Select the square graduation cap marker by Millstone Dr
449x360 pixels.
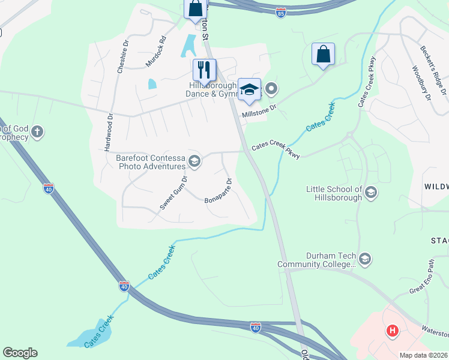click(250, 90)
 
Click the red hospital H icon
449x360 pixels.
click(393, 331)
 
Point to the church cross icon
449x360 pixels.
click(37, 131)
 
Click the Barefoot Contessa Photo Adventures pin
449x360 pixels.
click(194, 160)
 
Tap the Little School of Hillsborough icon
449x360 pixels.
click(370, 192)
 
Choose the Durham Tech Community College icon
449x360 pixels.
click(365, 259)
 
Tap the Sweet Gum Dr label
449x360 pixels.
click(174, 192)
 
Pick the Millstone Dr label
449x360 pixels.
click(259, 112)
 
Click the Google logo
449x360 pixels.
click(20, 353)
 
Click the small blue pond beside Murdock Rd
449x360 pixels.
click(152, 84)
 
